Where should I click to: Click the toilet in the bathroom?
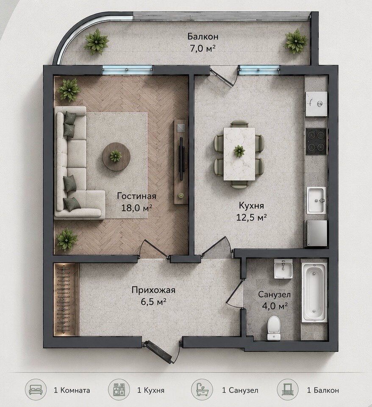click(x=274, y=327)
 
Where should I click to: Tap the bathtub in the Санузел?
click(x=314, y=292)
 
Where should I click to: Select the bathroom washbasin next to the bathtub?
click(x=283, y=269)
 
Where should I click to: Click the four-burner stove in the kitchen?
click(x=316, y=141)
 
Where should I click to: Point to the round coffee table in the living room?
click(x=116, y=157)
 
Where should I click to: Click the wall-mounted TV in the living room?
click(x=181, y=158)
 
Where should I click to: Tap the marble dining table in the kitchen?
click(x=239, y=154)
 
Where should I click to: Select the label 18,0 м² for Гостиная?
click(x=137, y=208)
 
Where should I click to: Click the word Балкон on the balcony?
click(x=203, y=37)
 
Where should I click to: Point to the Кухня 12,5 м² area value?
click(x=251, y=217)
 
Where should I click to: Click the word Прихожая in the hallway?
click(x=153, y=290)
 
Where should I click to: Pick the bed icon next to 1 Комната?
click(x=36, y=390)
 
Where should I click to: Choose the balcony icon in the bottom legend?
click(x=288, y=390)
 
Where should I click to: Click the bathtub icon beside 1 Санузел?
click(x=202, y=390)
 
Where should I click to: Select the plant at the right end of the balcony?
click(x=296, y=41)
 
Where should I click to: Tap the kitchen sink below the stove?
click(x=316, y=201)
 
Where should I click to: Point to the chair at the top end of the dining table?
click(x=239, y=124)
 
